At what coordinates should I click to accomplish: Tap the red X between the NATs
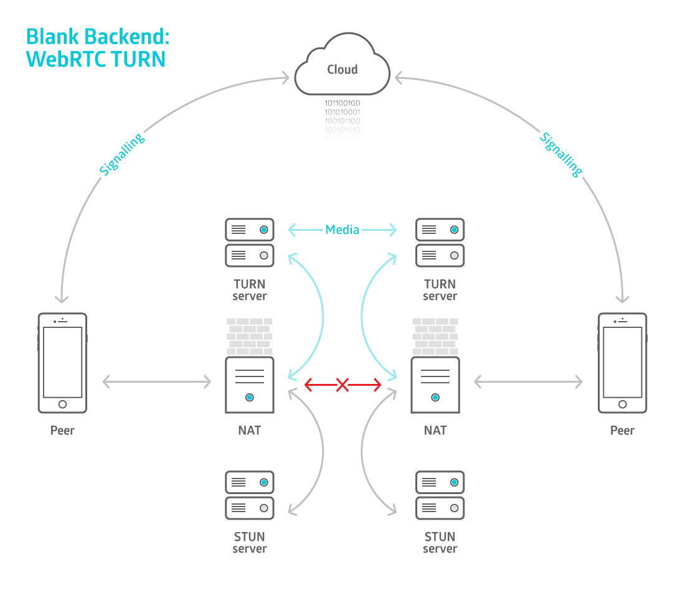[x=342, y=385]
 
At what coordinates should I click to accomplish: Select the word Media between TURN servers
[x=342, y=230]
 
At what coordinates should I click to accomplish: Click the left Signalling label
[x=122, y=154]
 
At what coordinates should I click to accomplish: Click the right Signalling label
[x=561, y=154]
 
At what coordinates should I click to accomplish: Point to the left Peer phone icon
[x=62, y=363]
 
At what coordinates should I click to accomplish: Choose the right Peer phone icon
[x=622, y=363]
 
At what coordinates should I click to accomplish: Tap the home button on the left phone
[x=62, y=404]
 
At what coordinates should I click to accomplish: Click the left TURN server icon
[x=250, y=242]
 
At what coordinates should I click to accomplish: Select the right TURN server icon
[x=440, y=242]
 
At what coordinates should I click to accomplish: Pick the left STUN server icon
[x=250, y=495]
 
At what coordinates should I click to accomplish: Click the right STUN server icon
[x=440, y=495]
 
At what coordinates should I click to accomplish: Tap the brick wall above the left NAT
[x=250, y=337]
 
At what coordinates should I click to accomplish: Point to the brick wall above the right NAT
[x=435, y=337]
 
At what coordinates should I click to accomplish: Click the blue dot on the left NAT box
[x=250, y=397]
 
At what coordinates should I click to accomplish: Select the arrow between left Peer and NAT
[x=156, y=382]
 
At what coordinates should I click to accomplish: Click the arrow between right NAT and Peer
[x=528, y=382]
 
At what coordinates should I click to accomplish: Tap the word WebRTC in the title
[x=65, y=59]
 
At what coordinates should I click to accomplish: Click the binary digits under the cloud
[x=342, y=118]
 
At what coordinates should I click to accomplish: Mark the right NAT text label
[x=435, y=431]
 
